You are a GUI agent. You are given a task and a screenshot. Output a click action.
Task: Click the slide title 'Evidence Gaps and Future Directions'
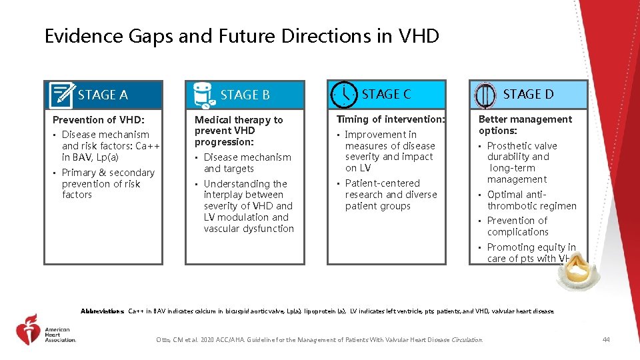(x=241, y=36)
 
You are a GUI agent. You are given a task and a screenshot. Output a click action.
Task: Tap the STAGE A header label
(x=103, y=95)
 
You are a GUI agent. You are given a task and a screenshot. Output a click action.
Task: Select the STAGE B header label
(x=245, y=95)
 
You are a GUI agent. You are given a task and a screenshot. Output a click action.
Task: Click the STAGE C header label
(x=386, y=94)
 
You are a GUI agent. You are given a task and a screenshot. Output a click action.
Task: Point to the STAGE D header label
(x=528, y=94)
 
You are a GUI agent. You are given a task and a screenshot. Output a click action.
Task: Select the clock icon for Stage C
(x=344, y=94)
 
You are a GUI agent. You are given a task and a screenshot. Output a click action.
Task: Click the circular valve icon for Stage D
(x=485, y=95)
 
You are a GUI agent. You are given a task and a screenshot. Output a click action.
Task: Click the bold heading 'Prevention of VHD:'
(x=98, y=120)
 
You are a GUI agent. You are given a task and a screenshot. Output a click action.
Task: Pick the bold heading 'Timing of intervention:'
(x=391, y=119)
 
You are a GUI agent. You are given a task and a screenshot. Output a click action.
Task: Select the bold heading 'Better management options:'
(x=525, y=125)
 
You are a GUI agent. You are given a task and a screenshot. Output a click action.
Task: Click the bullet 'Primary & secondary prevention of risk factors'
(x=107, y=183)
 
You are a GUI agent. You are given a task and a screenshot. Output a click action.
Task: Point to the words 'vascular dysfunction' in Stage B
(x=249, y=229)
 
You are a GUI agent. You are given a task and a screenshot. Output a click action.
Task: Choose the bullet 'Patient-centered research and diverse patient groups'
(x=391, y=195)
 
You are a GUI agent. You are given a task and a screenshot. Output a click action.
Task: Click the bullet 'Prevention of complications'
(x=517, y=226)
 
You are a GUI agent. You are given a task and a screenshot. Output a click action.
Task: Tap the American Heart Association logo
(x=47, y=329)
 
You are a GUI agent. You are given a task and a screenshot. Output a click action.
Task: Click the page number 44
(x=605, y=340)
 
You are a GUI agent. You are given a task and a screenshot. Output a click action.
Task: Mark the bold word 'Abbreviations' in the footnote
(x=102, y=311)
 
